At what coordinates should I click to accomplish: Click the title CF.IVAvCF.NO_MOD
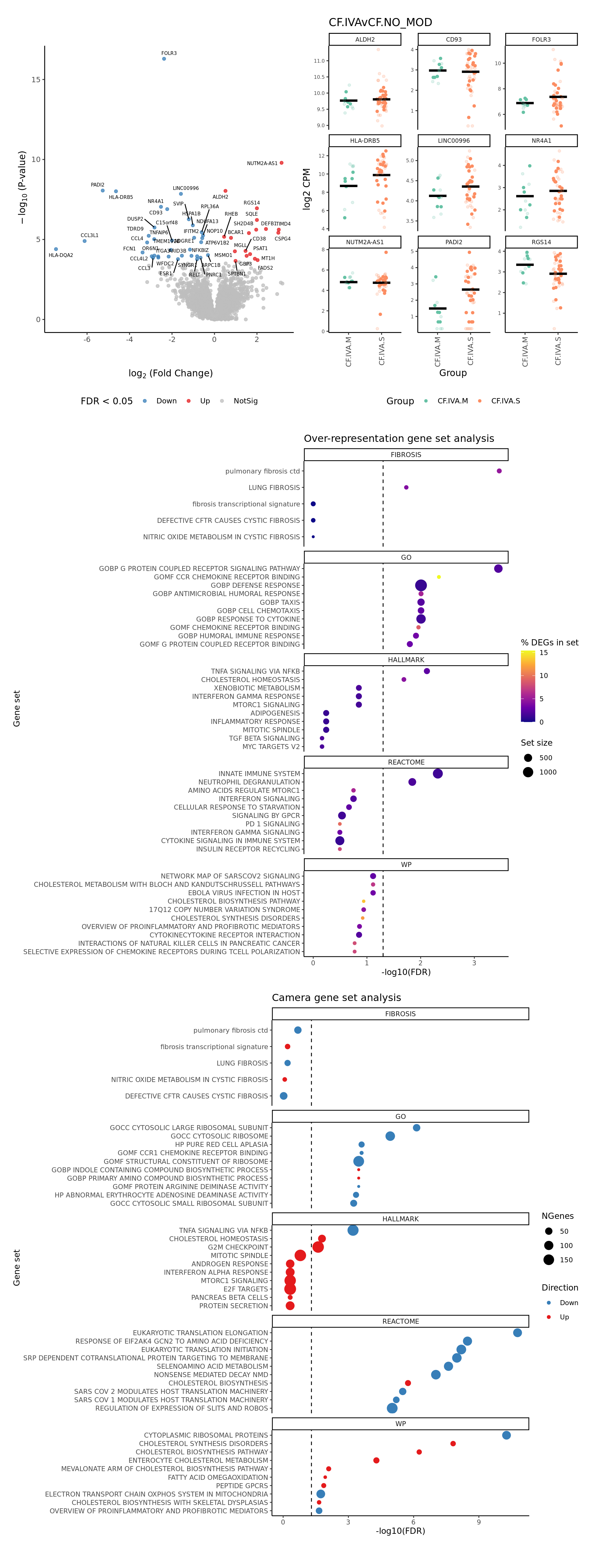380,22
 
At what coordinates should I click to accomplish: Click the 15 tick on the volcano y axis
36,79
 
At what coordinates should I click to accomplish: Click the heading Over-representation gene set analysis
399,438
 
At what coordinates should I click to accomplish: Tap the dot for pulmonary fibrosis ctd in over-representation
499,471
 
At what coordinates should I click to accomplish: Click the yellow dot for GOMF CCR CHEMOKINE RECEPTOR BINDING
439,577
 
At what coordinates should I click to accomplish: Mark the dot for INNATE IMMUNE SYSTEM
438,774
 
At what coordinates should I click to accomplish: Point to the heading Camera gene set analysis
336,998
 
